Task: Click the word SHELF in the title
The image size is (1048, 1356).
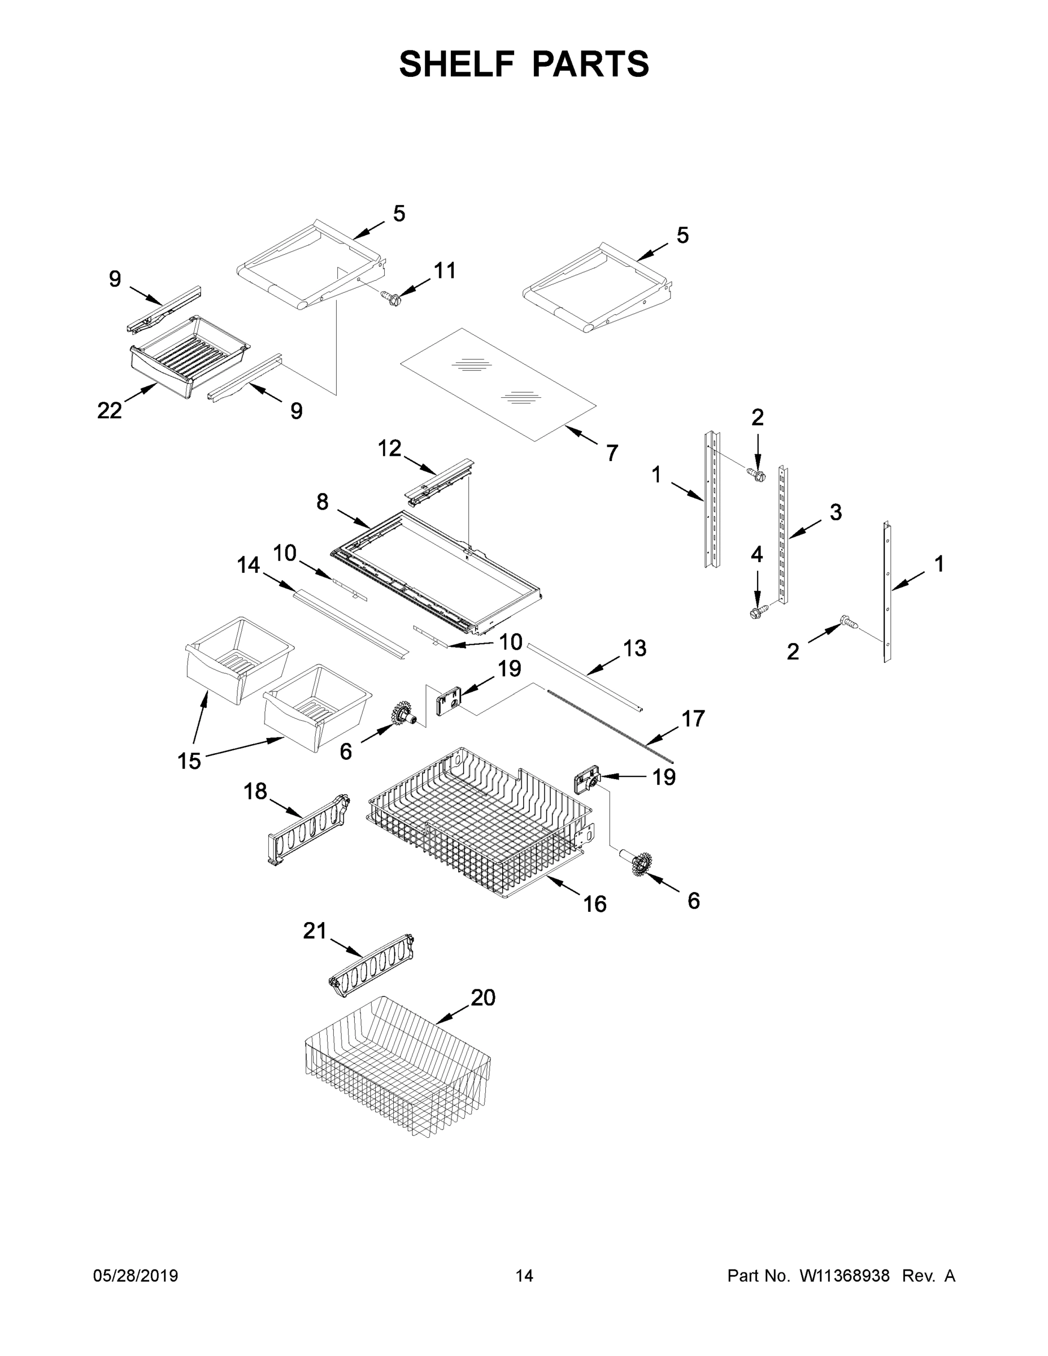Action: coord(457,64)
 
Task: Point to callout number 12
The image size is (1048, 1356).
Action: coord(390,448)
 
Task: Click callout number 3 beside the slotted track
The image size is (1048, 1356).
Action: coord(836,512)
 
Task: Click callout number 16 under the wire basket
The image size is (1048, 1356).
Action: coord(595,904)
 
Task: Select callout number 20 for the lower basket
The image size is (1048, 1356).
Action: coord(483,998)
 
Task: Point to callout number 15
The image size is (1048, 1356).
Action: coord(189,760)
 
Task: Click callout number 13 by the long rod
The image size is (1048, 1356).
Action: coord(634,648)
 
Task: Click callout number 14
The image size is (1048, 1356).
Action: coord(249,565)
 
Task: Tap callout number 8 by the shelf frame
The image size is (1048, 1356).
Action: coord(322,502)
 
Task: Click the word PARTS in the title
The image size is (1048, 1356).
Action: coord(590,64)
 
